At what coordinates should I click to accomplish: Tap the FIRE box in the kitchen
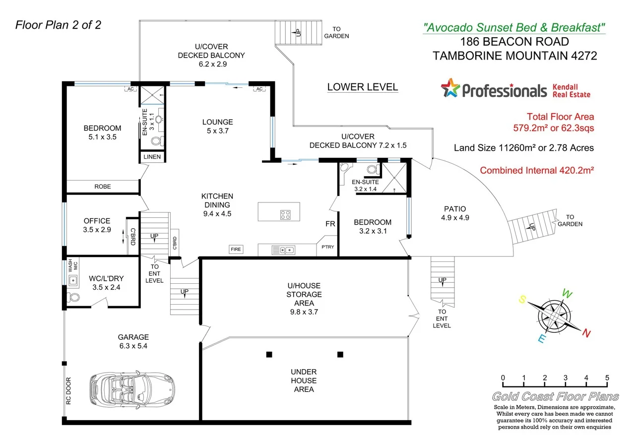(x=236, y=250)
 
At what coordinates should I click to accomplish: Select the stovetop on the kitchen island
(x=285, y=215)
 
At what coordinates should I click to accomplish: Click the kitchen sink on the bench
(x=283, y=250)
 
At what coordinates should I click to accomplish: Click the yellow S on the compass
(x=522, y=299)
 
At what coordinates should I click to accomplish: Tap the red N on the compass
(x=586, y=333)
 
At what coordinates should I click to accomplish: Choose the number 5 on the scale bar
(x=607, y=378)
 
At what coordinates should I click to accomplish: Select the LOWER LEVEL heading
(x=362, y=87)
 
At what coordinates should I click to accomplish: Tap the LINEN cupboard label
(x=152, y=157)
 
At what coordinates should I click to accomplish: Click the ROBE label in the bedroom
(x=103, y=187)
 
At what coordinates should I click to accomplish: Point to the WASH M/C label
(x=70, y=266)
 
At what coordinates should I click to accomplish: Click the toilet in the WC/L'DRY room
(x=73, y=298)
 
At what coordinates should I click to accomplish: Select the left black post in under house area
(x=269, y=354)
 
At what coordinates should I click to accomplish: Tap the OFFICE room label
(x=97, y=221)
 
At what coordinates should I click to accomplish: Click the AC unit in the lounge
(x=258, y=89)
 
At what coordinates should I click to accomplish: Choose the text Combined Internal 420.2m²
(x=537, y=170)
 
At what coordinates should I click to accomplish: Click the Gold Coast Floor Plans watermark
(x=555, y=396)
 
